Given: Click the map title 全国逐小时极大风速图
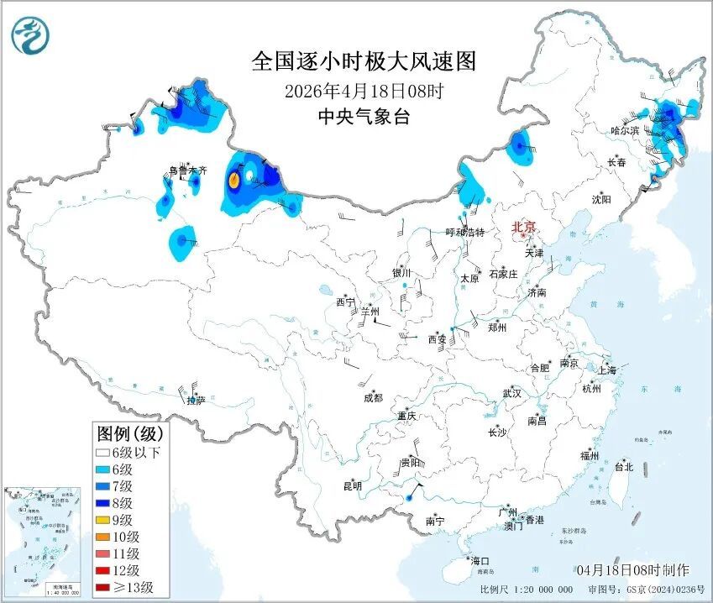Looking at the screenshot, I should tap(364, 61).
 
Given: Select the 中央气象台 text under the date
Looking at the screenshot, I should tap(364, 118).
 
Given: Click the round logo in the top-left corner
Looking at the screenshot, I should tap(31, 34).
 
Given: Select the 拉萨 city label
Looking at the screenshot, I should tap(195, 401).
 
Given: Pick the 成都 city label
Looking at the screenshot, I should tap(372, 397).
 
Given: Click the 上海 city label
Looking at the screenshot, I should tap(606, 370).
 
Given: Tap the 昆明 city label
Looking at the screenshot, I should tap(352, 485).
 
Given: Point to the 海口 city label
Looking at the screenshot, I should tap(478, 560).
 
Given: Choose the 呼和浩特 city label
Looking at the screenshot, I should tap(464, 232).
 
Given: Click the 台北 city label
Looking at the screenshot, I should tap(624, 466).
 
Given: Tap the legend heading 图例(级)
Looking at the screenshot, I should tap(130, 433).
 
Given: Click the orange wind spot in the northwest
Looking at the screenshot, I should tap(235, 180).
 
